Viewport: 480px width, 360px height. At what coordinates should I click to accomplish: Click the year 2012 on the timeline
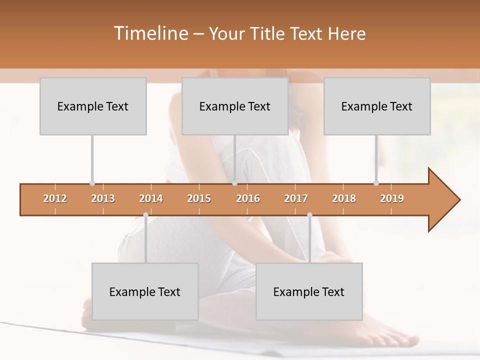click(x=55, y=198)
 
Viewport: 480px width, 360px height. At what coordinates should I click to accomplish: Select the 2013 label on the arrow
click(x=103, y=198)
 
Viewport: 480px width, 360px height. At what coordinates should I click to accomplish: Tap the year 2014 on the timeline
click(x=151, y=198)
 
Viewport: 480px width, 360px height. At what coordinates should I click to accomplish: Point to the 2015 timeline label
click(x=199, y=198)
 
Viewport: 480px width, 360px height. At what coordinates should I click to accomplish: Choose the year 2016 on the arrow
click(x=248, y=198)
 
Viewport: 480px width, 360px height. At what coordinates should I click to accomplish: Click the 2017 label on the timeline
click(x=296, y=198)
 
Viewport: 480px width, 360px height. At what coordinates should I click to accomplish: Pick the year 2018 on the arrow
click(x=344, y=198)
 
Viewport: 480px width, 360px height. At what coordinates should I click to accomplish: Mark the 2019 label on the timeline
click(x=392, y=198)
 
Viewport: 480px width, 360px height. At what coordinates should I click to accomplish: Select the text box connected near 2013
click(x=93, y=106)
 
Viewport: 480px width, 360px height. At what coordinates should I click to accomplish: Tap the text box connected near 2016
click(x=235, y=106)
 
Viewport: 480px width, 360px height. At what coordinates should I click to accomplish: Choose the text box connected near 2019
click(x=377, y=106)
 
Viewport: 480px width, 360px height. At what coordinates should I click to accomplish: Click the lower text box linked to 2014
click(x=145, y=291)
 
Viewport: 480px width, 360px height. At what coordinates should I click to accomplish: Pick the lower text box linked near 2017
click(x=309, y=291)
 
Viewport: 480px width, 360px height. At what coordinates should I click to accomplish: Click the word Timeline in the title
click(x=150, y=33)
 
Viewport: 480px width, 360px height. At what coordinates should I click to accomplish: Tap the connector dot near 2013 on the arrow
click(x=92, y=183)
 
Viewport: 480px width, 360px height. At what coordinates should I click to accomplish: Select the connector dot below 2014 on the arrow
click(x=145, y=215)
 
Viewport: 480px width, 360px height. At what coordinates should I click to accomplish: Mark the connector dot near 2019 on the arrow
click(x=376, y=183)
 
